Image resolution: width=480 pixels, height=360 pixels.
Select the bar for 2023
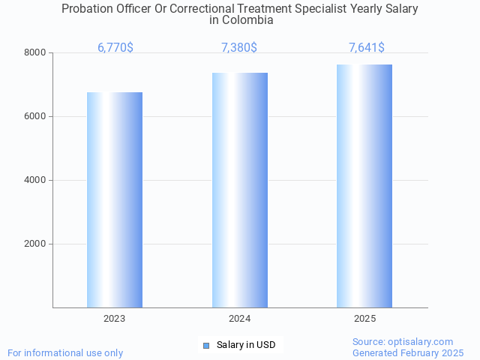point(115,199)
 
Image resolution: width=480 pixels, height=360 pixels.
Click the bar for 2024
point(240,190)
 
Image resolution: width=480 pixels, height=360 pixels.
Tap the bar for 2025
point(364,186)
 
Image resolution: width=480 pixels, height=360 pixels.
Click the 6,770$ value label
point(115,48)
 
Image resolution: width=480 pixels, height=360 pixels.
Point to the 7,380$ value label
point(239,48)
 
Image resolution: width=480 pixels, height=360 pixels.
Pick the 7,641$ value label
point(367,48)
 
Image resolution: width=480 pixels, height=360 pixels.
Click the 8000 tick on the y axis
point(34,53)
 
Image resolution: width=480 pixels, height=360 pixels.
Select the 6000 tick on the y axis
point(34,117)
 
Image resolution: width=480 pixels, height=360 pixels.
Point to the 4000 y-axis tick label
point(34,181)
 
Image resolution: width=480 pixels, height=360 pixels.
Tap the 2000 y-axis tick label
point(34,244)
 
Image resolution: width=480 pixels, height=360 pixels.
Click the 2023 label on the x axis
point(115,319)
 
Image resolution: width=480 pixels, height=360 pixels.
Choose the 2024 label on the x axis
point(240,319)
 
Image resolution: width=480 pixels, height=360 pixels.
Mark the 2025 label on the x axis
point(364,319)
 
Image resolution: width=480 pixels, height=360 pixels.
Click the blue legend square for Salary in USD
point(206,346)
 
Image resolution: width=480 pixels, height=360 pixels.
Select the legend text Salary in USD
point(246,345)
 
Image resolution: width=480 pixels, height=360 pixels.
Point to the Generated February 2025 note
point(408,352)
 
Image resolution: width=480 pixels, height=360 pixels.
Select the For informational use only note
point(65,352)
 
